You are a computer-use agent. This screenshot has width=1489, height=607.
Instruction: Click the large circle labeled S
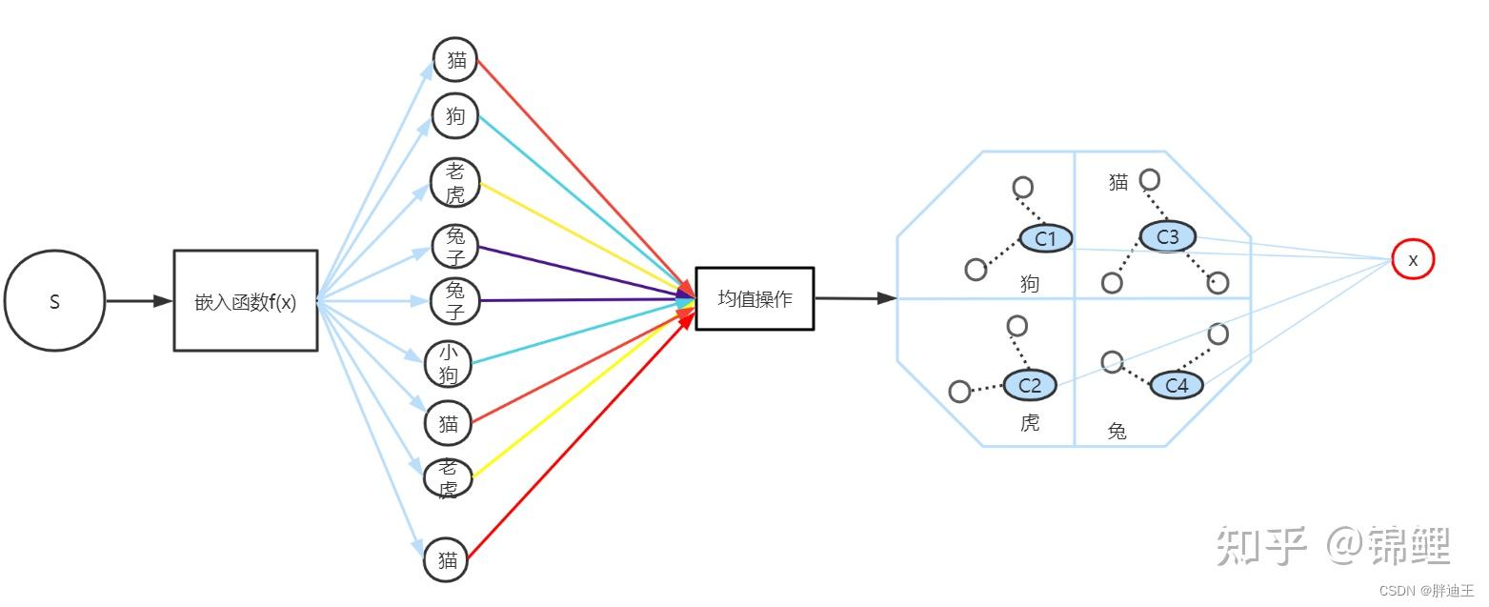pyautogui.click(x=54, y=302)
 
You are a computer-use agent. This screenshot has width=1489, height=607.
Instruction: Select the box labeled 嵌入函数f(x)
pyautogui.click(x=246, y=301)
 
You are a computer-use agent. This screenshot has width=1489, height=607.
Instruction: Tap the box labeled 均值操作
pyautogui.click(x=755, y=298)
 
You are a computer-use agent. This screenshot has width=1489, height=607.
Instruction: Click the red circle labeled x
pyautogui.click(x=1412, y=259)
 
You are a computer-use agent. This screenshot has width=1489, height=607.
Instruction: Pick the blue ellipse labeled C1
pyautogui.click(x=1046, y=238)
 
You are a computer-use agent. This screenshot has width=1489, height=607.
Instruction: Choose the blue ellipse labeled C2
pyautogui.click(x=1030, y=385)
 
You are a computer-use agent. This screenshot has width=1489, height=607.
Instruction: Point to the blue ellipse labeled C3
pyautogui.click(x=1167, y=236)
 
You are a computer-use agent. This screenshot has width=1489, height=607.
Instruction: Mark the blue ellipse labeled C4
pyautogui.click(x=1177, y=385)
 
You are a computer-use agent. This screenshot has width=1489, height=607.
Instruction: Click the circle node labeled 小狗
pyautogui.click(x=449, y=364)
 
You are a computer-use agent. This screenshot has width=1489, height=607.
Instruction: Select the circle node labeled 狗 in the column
pyautogui.click(x=455, y=116)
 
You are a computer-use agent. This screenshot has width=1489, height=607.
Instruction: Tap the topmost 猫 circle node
pyautogui.click(x=456, y=60)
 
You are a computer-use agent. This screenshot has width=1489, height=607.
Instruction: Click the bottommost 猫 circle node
pyautogui.click(x=448, y=560)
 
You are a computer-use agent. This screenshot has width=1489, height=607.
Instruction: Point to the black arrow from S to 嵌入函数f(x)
pyautogui.click(x=138, y=301)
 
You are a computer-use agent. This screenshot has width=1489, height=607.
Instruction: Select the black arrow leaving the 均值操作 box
pyautogui.click(x=855, y=298)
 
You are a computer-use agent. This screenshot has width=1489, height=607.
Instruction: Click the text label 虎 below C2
pyautogui.click(x=1030, y=423)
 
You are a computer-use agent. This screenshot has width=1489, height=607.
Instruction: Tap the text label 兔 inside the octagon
pyautogui.click(x=1117, y=431)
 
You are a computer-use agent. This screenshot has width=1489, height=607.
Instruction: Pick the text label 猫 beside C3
pyautogui.click(x=1118, y=182)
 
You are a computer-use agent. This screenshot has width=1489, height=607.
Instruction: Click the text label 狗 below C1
pyautogui.click(x=1030, y=283)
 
